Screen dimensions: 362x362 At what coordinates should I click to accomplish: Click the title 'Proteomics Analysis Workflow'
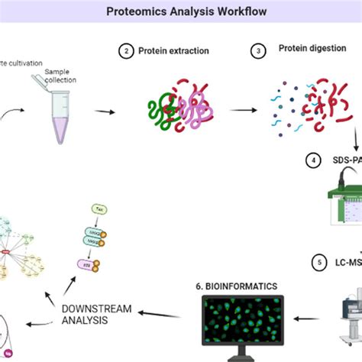click(180, 12)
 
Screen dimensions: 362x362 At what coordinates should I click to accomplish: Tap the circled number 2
click(125, 51)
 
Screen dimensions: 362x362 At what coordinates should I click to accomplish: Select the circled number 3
click(258, 51)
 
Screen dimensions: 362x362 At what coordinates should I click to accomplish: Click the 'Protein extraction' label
click(174, 51)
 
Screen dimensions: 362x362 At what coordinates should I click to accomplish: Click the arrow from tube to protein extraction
click(105, 112)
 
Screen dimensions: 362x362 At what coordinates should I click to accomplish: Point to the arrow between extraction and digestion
click(243, 110)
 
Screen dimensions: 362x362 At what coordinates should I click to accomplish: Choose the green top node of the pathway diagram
click(99, 208)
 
